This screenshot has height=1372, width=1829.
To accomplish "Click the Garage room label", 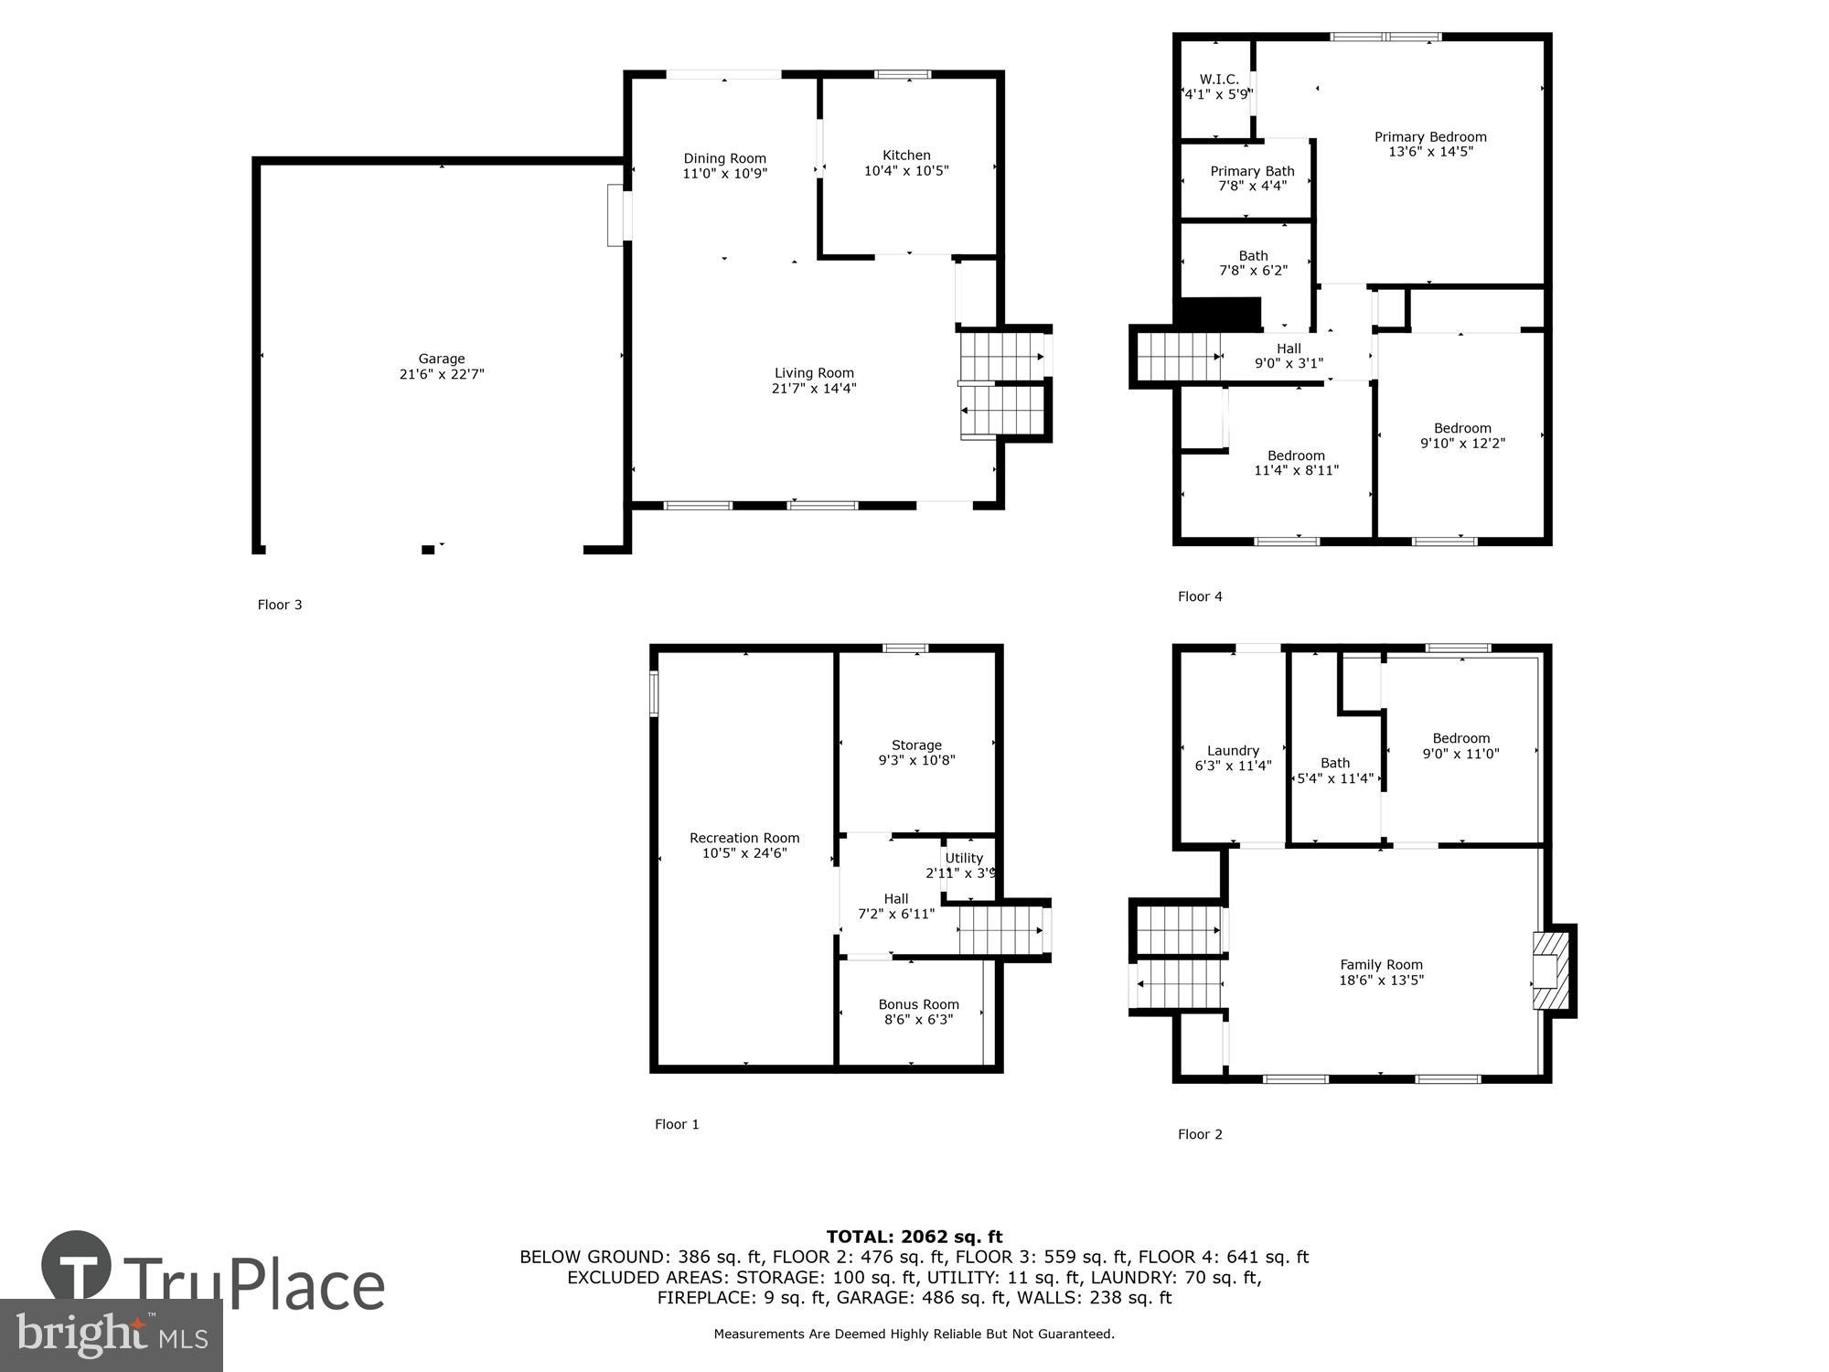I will click(442, 359).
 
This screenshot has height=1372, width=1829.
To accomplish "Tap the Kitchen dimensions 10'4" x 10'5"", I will click(906, 171).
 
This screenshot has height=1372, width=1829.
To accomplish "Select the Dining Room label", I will click(724, 158).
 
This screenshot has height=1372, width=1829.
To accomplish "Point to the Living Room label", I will click(814, 373).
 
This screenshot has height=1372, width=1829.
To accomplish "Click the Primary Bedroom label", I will click(1430, 137).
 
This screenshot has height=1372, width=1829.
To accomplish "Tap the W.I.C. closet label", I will click(1219, 80).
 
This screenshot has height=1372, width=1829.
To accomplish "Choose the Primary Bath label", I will click(1252, 171).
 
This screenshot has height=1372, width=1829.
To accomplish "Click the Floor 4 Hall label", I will click(1289, 348).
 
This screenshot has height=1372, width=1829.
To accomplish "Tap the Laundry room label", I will click(1233, 751).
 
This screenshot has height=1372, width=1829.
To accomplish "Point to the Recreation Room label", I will click(744, 838).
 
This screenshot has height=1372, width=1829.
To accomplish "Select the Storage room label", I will click(916, 745).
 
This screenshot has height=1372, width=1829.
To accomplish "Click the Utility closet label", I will click(964, 858).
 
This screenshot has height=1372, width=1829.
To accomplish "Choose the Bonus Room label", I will click(918, 1004).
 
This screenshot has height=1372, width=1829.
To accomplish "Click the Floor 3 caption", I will click(280, 605).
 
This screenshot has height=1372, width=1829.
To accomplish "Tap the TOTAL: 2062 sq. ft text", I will click(914, 1237).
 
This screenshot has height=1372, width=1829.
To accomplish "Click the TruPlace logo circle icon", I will click(77, 1266).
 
